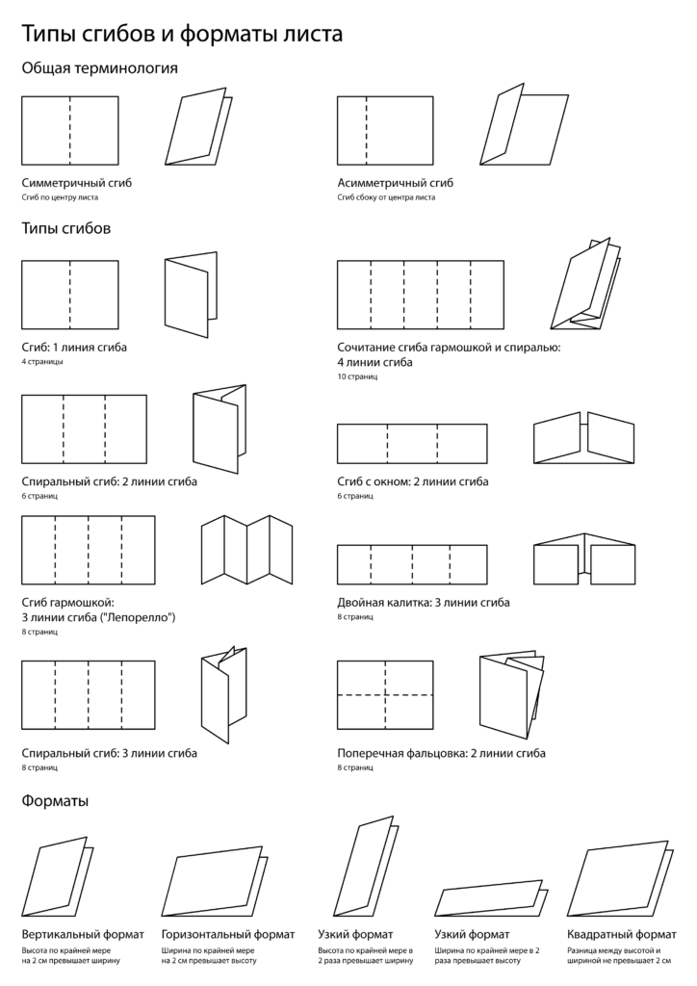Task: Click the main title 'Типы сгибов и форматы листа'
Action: tap(182, 35)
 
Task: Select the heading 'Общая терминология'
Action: tap(99, 68)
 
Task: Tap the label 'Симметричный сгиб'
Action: tap(76, 182)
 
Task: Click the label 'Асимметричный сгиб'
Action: tap(395, 182)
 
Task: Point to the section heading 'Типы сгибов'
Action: tap(65, 229)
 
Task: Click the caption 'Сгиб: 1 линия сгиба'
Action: tap(74, 347)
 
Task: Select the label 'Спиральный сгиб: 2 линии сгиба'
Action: tap(109, 481)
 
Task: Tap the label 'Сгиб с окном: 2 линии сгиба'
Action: tap(412, 481)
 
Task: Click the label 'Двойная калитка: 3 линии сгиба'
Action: tap(424, 602)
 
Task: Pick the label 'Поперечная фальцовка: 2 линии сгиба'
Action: tap(441, 753)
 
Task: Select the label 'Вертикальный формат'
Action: tap(83, 934)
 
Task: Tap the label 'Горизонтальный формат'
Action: tap(228, 934)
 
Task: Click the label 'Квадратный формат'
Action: tap(622, 934)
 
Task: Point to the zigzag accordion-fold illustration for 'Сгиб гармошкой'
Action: tap(247, 550)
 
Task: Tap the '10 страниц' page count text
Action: tap(357, 376)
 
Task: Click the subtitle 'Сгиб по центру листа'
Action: tap(60, 197)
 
